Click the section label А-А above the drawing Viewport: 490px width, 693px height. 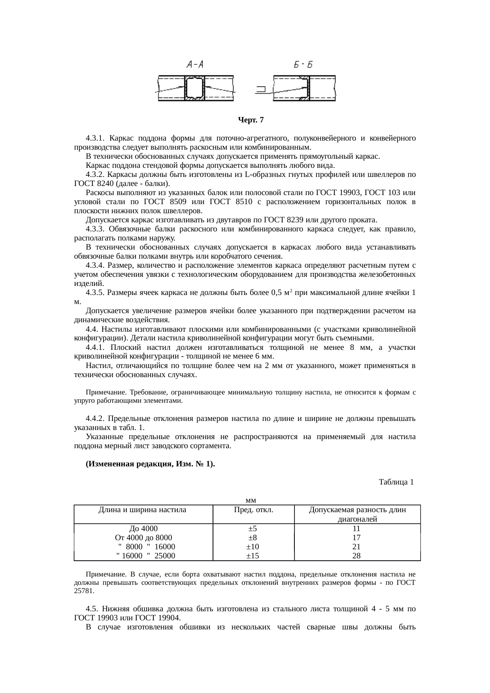tap(194, 64)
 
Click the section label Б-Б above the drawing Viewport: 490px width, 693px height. tap(303, 64)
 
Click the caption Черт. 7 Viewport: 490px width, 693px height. tap(251, 120)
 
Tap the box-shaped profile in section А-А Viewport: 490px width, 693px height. tap(194, 88)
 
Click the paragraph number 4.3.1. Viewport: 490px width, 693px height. tap(95, 138)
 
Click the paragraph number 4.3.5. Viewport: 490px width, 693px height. tap(95, 293)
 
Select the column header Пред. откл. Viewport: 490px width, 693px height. tap(254, 510)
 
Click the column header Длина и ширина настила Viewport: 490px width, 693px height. tap(142, 510)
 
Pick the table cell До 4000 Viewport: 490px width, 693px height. tap(143, 529)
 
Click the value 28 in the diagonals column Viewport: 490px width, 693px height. tap(356, 556)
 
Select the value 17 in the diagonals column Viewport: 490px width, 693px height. tap(356, 538)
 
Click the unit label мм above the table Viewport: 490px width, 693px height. tap(250, 501)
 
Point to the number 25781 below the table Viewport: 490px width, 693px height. tap(84, 591)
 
